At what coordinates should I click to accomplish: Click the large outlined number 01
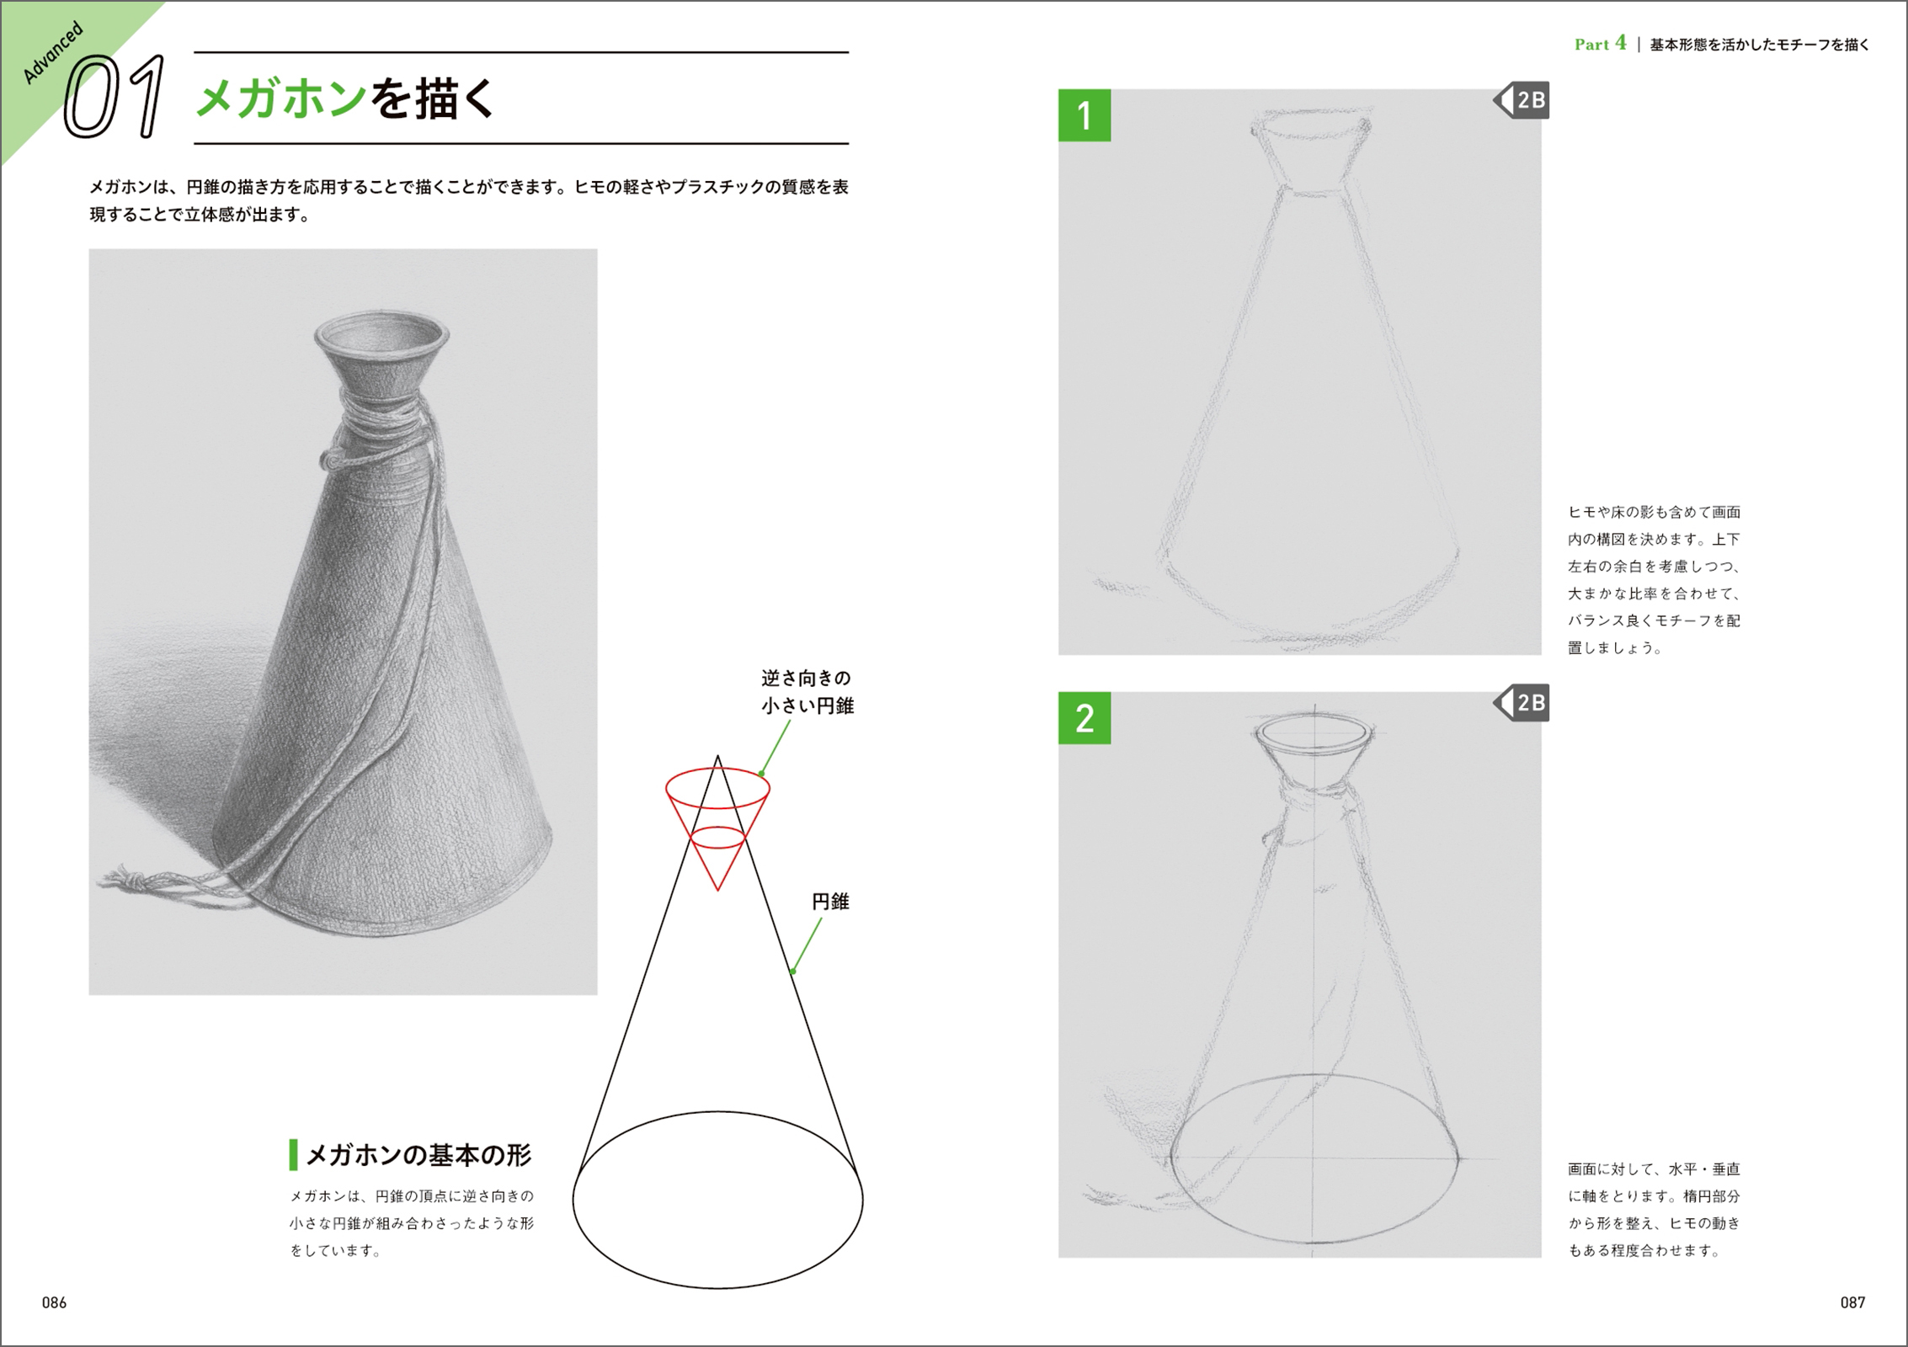pyautogui.click(x=115, y=97)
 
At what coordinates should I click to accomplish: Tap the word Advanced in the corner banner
pyautogui.click(x=53, y=53)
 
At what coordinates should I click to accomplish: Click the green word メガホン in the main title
pyautogui.click(x=281, y=99)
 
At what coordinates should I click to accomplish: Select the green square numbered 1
pyautogui.click(x=1085, y=115)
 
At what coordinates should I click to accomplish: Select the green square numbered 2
pyautogui.click(x=1085, y=718)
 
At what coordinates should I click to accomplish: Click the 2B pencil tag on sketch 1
pyautogui.click(x=1522, y=100)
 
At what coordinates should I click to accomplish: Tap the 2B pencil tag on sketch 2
pyautogui.click(x=1522, y=703)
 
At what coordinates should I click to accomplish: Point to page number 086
pyautogui.click(x=54, y=1302)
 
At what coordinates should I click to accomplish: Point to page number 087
pyautogui.click(x=1852, y=1302)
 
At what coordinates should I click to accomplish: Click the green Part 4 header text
pyautogui.click(x=1600, y=44)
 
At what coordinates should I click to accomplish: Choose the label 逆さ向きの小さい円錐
pyautogui.click(x=807, y=692)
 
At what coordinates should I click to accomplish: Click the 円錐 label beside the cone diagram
pyautogui.click(x=830, y=902)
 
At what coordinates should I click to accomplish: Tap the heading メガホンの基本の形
pyautogui.click(x=418, y=1155)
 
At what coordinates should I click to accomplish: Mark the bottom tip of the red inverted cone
pyautogui.click(x=717, y=890)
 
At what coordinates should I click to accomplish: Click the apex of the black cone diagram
pyautogui.click(x=717, y=756)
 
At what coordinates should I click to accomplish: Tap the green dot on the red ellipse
pyautogui.click(x=761, y=774)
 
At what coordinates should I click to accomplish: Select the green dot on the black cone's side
pyautogui.click(x=792, y=972)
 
